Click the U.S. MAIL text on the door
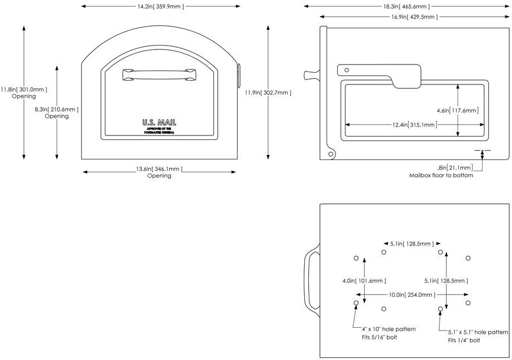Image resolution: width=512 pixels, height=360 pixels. point(158,122)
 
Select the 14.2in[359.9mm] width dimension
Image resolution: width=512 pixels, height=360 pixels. point(160,7)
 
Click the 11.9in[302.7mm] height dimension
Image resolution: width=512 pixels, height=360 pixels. point(268,93)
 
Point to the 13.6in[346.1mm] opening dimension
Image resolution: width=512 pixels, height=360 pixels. point(159,168)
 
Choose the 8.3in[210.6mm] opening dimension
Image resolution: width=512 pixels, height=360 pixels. point(57,109)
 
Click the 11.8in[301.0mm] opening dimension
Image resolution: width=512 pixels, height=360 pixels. point(23,89)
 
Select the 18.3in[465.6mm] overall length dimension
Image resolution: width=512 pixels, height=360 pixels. point(406,7)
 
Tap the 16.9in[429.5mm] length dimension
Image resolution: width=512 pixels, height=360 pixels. point(406,17)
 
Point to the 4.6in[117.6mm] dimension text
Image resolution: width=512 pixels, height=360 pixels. point(457,111)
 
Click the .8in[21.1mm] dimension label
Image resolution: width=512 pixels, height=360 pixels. point(455,168)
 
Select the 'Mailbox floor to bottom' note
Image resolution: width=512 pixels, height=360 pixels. point(441,176)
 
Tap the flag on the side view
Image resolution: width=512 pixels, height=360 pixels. point(379,74)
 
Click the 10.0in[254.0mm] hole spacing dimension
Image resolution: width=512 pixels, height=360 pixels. point(411,294)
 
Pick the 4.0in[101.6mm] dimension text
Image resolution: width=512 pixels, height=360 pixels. point(364,281)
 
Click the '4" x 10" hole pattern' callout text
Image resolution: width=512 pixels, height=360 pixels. point(388,329)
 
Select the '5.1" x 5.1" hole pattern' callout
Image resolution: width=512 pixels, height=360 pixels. point(478,332)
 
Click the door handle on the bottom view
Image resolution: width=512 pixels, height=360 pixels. point(310,281)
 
